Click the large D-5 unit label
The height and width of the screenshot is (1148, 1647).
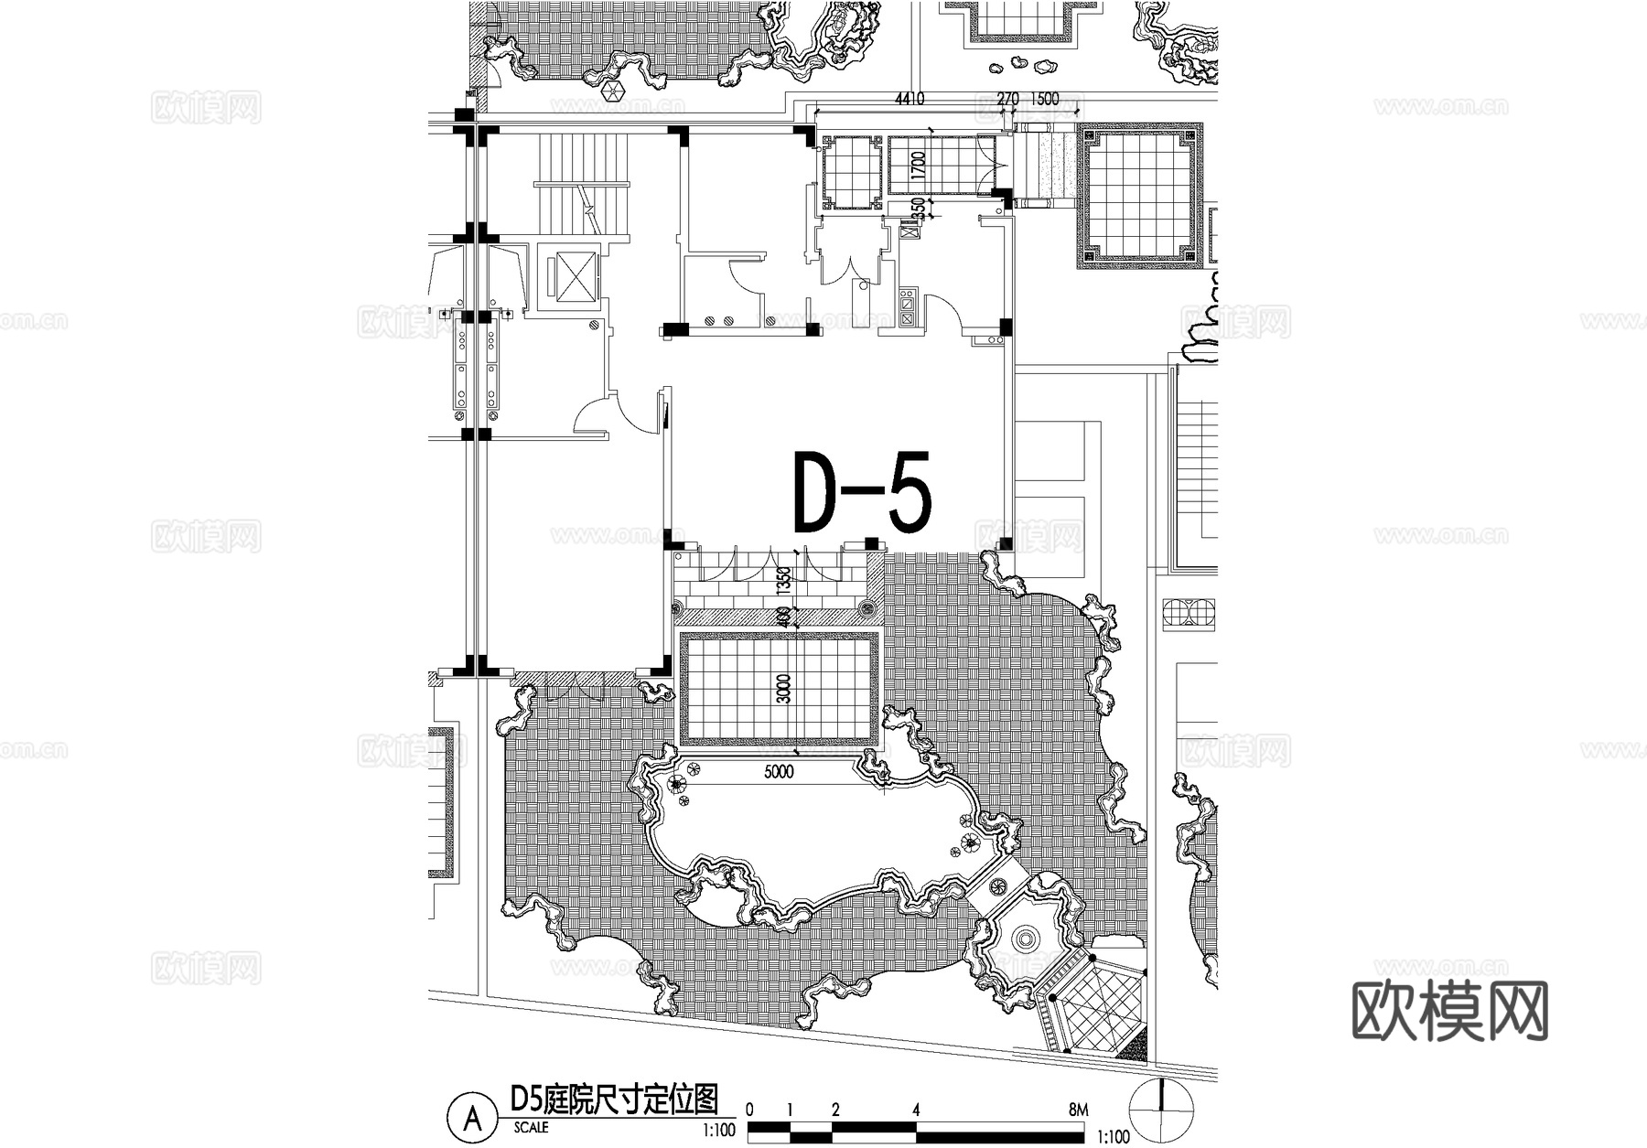tap(862, 493)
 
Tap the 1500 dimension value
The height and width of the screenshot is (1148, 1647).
tap(1044, 99)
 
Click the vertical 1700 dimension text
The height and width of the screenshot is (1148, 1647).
tap(919, 165)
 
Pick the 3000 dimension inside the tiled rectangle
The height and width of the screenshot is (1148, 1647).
tap(783, 689)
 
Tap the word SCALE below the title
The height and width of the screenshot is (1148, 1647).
tap(532, 1128)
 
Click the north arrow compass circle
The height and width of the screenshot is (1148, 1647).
tap(1162, 1110)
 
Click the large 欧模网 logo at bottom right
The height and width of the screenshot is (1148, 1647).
tap(1449, 1011)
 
